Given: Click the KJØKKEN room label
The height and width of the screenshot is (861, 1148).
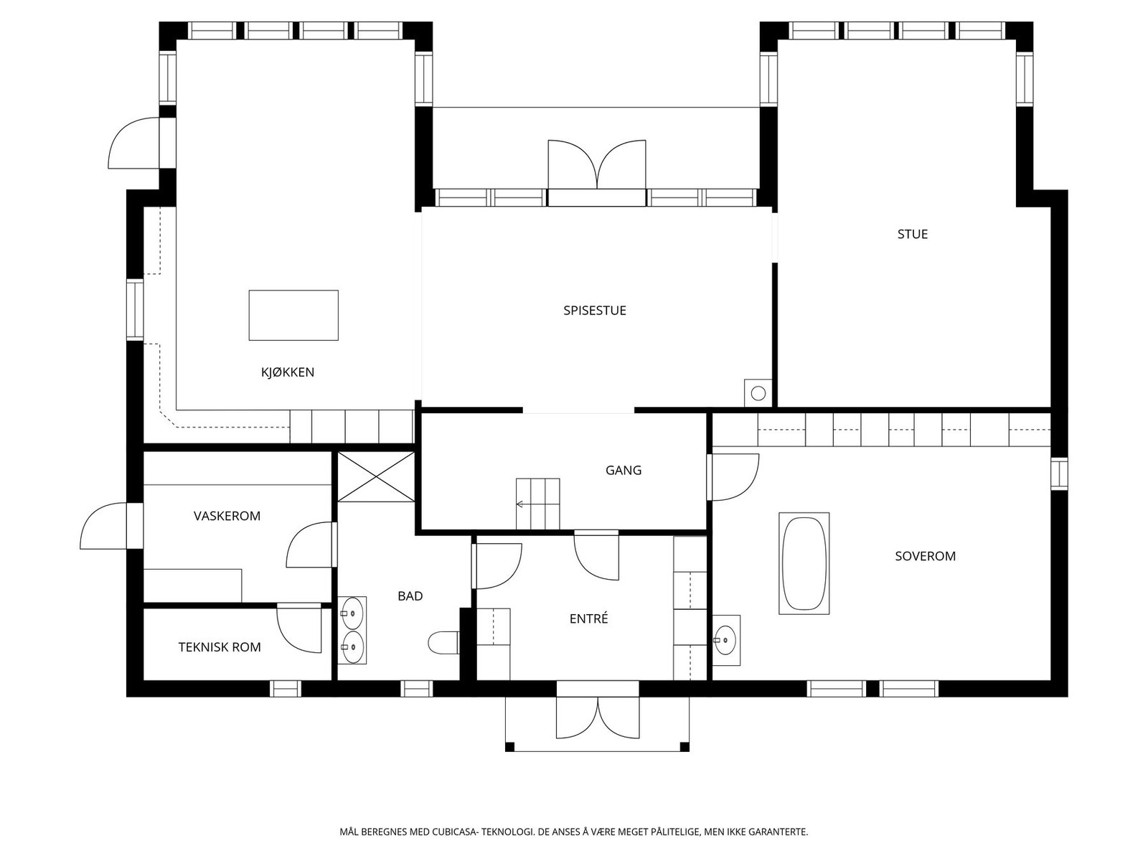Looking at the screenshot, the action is coord(288,372).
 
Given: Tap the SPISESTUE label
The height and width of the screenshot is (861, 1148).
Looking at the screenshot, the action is coord(595,311).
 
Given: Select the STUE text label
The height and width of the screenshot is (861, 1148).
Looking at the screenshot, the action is coord(913,234).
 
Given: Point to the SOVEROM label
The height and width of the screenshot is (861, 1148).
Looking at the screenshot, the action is coord(925,556).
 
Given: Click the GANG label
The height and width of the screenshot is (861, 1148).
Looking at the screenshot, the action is coord(624,471).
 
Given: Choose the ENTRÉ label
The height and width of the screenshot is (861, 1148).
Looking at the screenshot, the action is coord(589,619).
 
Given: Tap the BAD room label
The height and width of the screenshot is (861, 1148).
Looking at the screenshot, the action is coord(410,596).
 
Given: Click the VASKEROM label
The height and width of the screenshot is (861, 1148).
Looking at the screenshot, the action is coord(227,516).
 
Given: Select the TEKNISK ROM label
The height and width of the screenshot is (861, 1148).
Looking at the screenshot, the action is coord(220,647).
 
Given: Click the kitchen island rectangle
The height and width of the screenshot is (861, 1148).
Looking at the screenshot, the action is coord(293,315).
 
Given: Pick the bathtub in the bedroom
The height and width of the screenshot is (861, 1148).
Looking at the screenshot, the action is coord(804,563).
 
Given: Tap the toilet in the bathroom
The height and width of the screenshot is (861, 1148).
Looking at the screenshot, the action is coord(443,643).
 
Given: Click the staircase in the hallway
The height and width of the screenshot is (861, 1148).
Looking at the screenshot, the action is coord(537,504).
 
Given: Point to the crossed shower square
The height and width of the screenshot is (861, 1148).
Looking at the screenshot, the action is coord(376,476).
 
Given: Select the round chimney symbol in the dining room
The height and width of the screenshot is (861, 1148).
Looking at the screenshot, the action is coord(758,393).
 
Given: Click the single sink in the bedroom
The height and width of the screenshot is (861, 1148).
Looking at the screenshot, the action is coord(726,640).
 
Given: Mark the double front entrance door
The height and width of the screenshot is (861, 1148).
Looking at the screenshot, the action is coord(598,718).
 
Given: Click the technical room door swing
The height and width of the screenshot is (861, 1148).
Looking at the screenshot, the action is coord(299,629).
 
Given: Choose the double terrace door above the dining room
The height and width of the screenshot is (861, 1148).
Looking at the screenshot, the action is coord(597,165).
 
